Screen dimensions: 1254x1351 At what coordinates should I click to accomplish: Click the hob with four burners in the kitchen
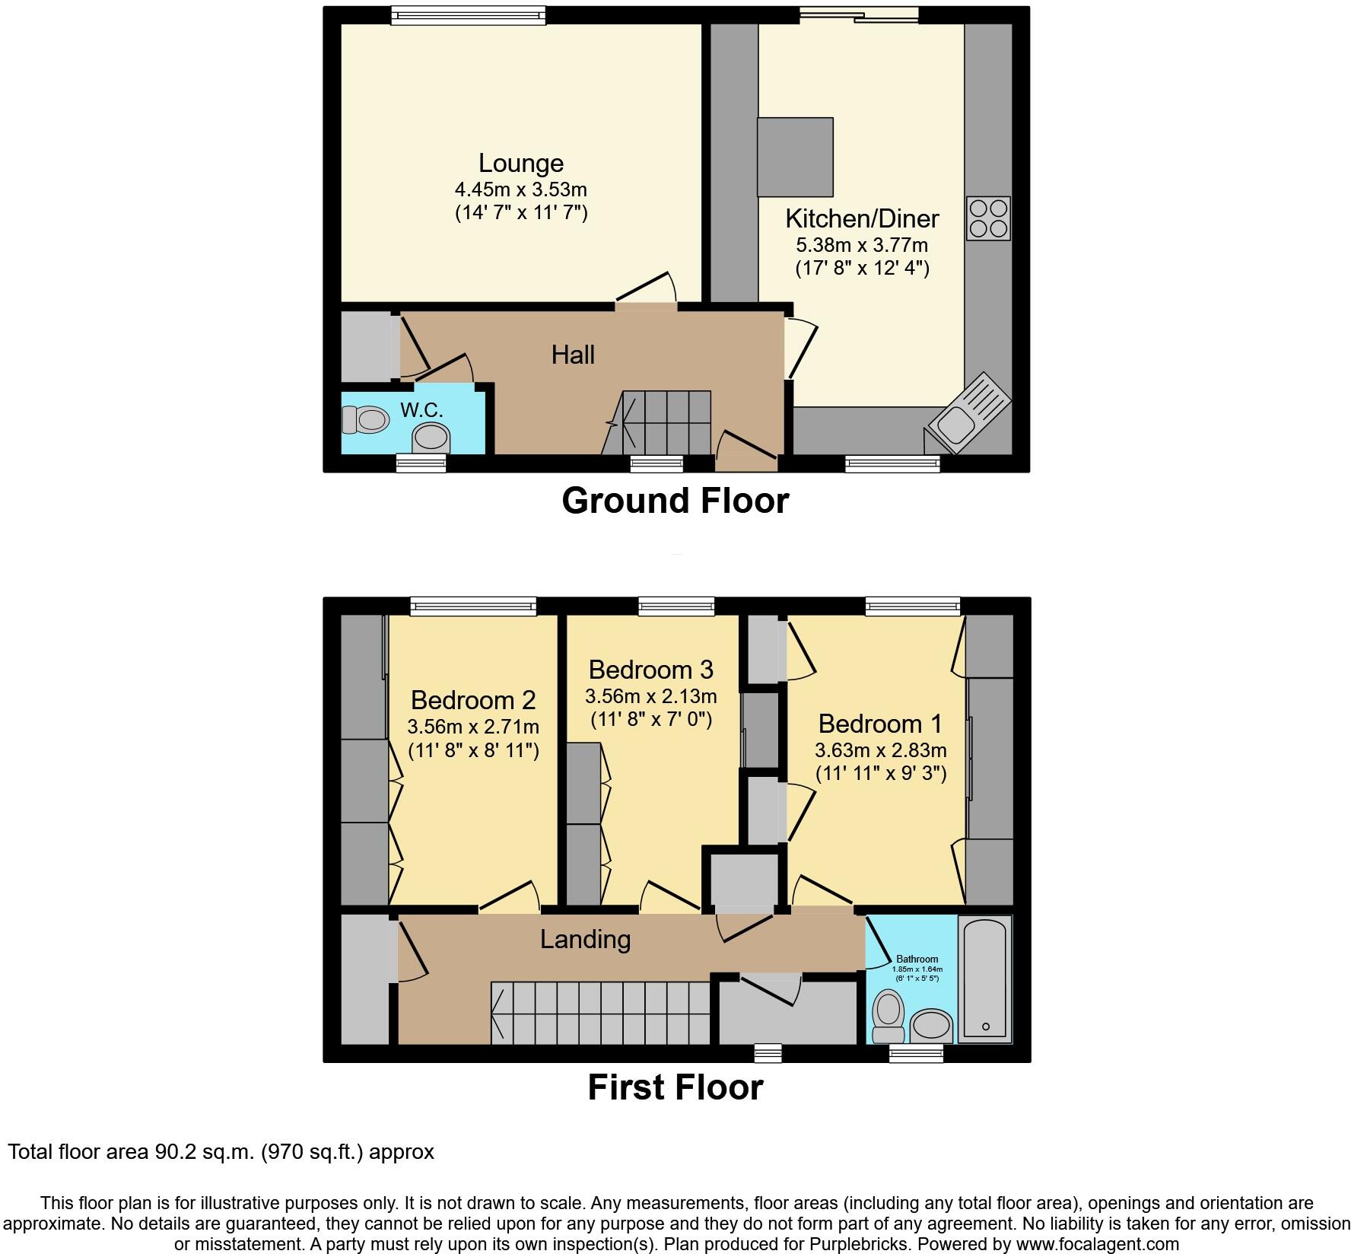click(988, 218)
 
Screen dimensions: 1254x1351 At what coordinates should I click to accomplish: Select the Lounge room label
click(520, 163)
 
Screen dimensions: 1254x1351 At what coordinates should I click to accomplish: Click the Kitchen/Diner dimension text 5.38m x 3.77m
click(861, 245)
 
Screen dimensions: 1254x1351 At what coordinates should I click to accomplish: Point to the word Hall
click(573, 355)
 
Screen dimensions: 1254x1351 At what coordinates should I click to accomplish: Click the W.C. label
click(421, 410)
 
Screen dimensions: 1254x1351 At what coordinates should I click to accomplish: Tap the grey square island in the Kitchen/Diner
click(795, 157)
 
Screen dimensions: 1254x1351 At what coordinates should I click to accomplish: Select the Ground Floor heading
click(675, 501)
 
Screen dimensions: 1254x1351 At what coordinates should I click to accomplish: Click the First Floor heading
click(675, 1087)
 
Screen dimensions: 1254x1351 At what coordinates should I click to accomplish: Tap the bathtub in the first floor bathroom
click(985, 979)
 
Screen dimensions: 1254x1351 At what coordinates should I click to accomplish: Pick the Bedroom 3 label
click(650, 670)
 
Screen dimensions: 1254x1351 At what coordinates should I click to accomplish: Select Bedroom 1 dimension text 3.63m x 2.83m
click(880, 750)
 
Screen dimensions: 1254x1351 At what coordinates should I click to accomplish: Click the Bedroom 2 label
click(472, 700)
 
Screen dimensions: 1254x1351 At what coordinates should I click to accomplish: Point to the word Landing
click(585, 939)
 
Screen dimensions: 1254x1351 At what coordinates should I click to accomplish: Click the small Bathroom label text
click(917, 960)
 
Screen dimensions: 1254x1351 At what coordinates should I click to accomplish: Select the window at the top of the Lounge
click(468, 15)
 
